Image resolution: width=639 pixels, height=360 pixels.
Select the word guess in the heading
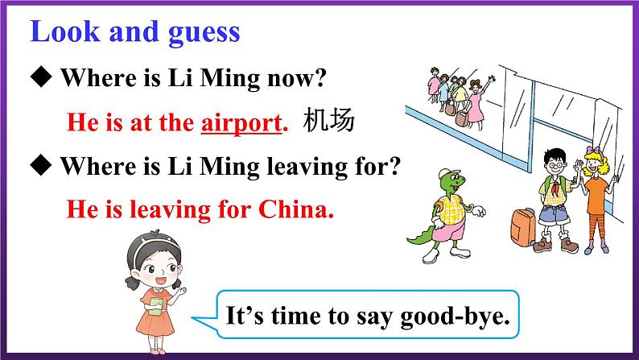[202, 32]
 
